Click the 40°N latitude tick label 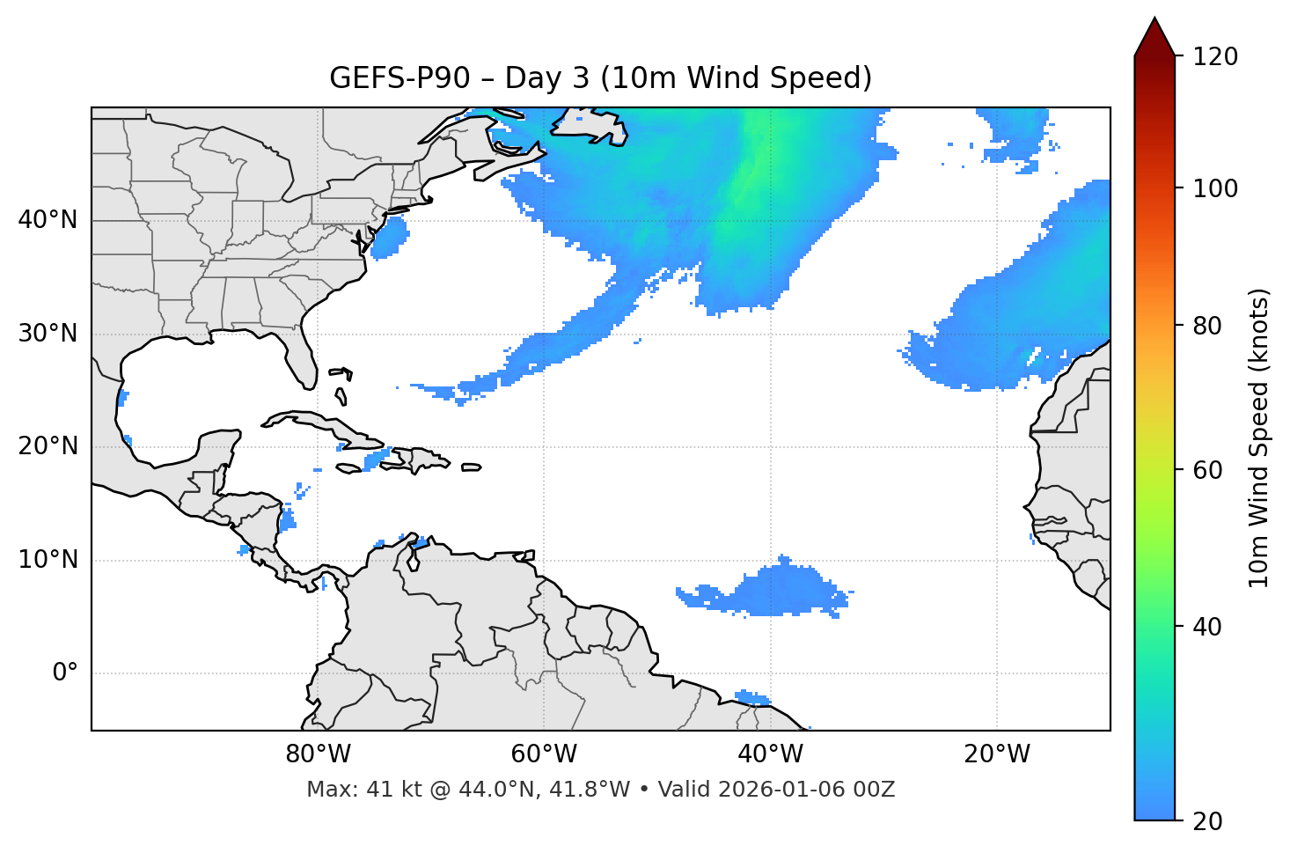tap(48, 220)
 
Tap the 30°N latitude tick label tap(48, 334)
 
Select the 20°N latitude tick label tap(48, 446)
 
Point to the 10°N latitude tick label tap(48, 560)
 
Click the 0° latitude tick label tap(65, 673)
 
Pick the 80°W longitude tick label tap(318, 754)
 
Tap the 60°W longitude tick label tap(544, 754)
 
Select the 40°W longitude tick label tap(770, 754)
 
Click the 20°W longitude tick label tap(997, 754)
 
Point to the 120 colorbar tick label tap(1215, 56)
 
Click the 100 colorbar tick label tap(1215, 188)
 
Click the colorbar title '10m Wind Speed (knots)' tap(1259, 438)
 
